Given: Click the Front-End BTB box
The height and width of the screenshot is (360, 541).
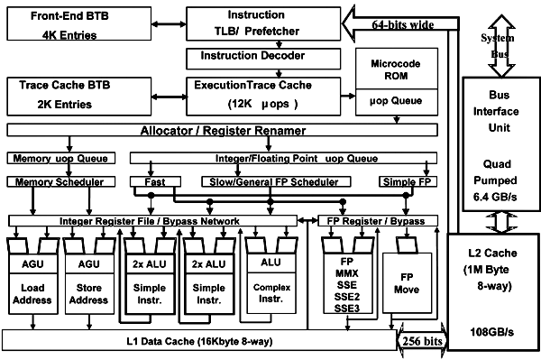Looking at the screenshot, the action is point(79,23).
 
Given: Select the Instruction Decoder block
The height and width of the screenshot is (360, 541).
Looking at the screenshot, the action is point(263,59).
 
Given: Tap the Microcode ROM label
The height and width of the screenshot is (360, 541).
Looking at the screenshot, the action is point(396,69).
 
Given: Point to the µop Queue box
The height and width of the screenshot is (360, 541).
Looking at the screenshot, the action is point(397,102).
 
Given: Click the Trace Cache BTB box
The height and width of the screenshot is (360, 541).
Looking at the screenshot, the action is point(79,97).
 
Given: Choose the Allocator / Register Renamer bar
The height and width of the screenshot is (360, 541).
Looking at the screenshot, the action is point(223,130).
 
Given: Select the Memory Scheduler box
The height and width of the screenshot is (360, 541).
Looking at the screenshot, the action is point(61,182).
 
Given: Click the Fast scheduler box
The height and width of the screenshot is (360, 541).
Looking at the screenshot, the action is point(155,182).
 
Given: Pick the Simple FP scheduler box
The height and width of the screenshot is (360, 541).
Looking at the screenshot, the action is point(408,182).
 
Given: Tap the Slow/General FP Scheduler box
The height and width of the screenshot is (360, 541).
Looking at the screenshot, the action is point(276,182).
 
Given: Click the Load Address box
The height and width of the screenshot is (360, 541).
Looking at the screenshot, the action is point(32,294).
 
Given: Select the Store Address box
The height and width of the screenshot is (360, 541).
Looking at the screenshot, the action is point(89,294).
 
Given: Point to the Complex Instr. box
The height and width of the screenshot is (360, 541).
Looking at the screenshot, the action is point(271,293).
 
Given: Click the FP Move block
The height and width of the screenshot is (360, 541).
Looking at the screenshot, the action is point(408,283).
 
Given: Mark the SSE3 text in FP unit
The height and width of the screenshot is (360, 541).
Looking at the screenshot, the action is point(347,309).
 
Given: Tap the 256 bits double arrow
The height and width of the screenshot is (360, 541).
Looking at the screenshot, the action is point(422,341).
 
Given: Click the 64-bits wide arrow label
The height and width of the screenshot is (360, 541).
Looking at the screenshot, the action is point(403,25).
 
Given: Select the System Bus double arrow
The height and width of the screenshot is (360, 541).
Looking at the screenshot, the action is point(501,45).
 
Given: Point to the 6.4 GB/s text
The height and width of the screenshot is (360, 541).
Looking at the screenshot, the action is point(495,197).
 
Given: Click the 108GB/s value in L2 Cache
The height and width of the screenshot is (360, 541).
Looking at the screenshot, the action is point(492,332).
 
